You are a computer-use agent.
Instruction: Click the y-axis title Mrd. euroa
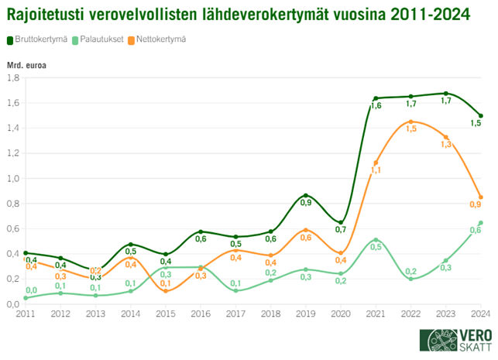[26, 65]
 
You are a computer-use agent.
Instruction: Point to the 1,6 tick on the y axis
[14, 103]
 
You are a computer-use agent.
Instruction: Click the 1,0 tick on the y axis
[14, 178]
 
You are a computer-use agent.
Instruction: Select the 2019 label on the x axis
[306, 314]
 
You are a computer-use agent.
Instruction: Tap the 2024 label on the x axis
[481, 314]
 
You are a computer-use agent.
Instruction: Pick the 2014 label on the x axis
[130, 314]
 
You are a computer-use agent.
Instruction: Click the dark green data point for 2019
[306, 195]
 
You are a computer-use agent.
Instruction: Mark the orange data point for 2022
[410, 122]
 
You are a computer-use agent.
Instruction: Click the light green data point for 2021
[376, 240]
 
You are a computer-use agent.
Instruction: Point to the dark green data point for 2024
[481, 115]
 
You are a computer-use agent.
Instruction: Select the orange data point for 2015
[165, 291]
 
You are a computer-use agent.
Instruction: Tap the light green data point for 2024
[481, 223]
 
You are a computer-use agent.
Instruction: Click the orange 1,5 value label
[411, 129]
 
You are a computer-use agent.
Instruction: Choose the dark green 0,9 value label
[306, 203]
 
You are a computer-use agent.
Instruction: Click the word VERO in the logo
[466, 334]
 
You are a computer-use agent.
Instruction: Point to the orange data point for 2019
[306, 230]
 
